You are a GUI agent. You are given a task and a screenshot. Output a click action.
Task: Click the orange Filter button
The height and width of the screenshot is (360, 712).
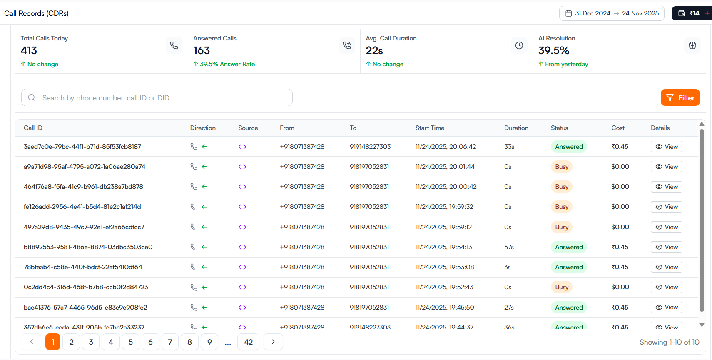680,97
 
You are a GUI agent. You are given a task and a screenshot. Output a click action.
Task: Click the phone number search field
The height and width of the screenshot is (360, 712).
157,97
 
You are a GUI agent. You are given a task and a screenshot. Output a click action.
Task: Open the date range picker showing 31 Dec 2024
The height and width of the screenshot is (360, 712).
612,13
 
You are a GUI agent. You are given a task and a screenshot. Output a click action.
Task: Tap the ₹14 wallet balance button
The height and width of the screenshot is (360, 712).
690,13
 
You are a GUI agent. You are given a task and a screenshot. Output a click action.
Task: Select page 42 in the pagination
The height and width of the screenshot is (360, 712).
248,342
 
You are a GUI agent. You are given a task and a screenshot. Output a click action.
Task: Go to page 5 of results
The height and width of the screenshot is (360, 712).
130,342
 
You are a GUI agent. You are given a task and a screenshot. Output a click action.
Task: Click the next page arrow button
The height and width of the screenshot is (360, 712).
273,342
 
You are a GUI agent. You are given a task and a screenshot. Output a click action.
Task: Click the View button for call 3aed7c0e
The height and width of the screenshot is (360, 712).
666,147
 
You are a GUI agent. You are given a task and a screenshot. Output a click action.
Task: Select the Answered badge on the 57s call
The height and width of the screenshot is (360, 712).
569,247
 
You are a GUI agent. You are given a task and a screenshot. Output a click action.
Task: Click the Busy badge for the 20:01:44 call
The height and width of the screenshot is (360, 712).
561,167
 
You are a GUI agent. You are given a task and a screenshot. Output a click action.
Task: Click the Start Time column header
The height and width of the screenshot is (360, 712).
430,128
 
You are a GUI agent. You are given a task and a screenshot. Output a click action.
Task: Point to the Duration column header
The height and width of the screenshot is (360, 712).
516,128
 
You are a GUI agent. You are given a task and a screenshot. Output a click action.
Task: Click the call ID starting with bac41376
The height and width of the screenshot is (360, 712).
85,307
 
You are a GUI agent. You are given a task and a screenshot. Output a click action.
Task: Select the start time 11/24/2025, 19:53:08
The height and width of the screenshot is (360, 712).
444,267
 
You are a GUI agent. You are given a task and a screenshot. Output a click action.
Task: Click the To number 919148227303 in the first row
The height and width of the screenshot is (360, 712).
370,147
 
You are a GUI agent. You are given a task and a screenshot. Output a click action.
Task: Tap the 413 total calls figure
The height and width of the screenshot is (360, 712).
29,50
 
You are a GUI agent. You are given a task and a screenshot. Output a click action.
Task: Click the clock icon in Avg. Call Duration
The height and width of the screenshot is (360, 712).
519,45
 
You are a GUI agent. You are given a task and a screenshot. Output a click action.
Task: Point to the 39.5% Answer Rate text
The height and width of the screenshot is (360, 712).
227,64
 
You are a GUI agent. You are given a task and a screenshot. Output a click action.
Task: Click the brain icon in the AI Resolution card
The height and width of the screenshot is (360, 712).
692,45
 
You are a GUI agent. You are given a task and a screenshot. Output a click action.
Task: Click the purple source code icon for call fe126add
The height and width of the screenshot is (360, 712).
242,207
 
